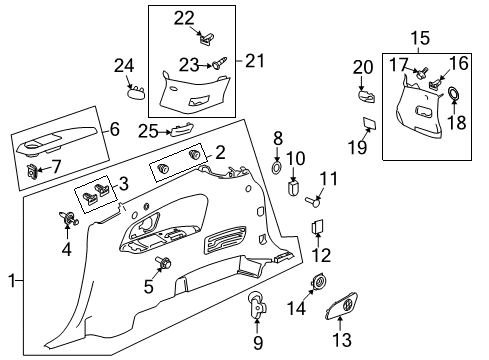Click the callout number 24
pos(124,66)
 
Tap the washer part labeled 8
pos(277,163)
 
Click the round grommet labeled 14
pos(318,285)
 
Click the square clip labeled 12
pos(318,226)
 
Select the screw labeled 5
pos(161,263)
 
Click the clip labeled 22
pos(206,40)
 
